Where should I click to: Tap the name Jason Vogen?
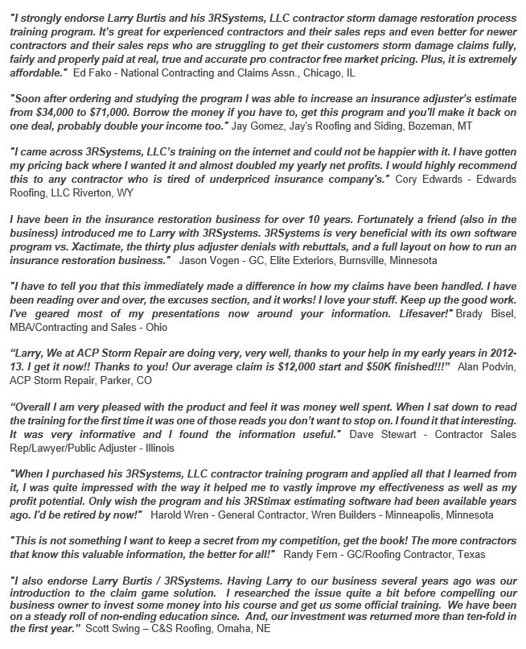coord(204,262)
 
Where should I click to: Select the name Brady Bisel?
coord(486,314)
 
